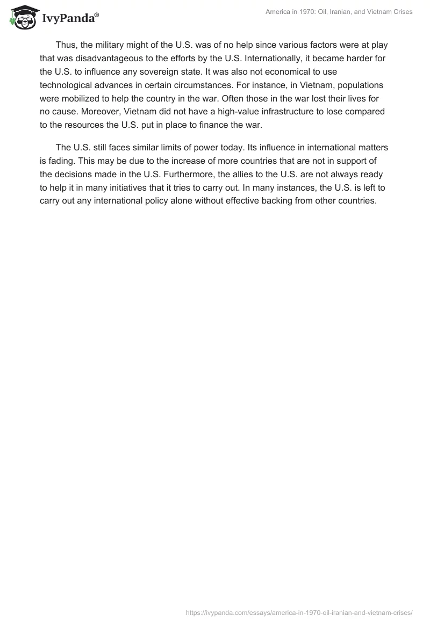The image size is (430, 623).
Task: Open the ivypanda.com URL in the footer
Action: (x=299, y=613)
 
